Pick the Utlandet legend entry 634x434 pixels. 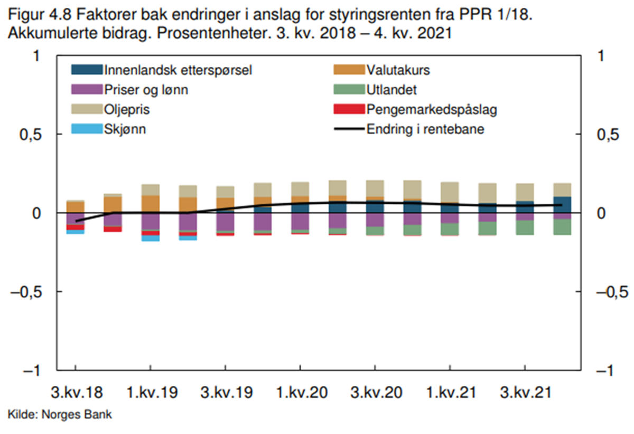tap(391, 90)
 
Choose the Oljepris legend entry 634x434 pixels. tap(127, 110)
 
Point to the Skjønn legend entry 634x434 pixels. tap(125, 129)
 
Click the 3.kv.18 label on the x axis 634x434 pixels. tap(76, 393)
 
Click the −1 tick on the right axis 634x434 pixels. tap(608, 371)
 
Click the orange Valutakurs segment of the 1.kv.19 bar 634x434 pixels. tap(151, 204)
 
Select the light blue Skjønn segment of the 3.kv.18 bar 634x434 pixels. tap(76, 232)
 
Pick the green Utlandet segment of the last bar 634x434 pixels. tap(562, 227)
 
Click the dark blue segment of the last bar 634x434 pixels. tap(562, 205)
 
